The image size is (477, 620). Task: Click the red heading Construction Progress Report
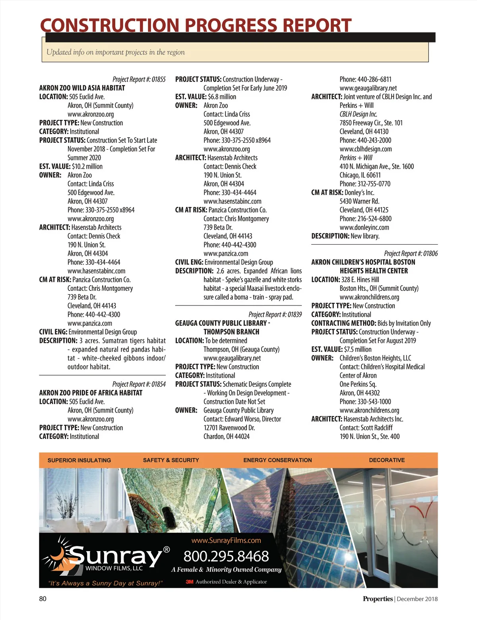point(196,25)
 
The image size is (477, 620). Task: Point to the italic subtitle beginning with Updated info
point(115,52)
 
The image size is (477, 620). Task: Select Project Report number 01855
point(139,79)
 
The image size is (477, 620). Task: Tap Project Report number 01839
point(275,314)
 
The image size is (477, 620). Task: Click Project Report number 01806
point(411,253)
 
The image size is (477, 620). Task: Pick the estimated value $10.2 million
point(87,166)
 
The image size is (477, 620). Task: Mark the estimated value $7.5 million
point(358,349)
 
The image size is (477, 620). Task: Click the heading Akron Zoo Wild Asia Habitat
point(82,88)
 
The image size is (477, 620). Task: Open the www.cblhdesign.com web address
point(366,149)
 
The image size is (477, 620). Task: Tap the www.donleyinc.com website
point(364,227)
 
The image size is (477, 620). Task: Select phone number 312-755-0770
point(365,184)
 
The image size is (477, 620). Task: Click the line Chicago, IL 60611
point(360,175)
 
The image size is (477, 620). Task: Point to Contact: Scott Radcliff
point(366,428)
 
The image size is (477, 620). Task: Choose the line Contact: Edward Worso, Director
point(242,419)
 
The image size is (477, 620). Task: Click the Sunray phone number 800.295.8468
point(226,556)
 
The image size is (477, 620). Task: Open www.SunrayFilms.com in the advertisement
point(226,540)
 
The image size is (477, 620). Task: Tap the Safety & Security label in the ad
point(171,460)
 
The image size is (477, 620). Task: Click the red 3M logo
point(190,582)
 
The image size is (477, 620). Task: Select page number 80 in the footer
point(43,599)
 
